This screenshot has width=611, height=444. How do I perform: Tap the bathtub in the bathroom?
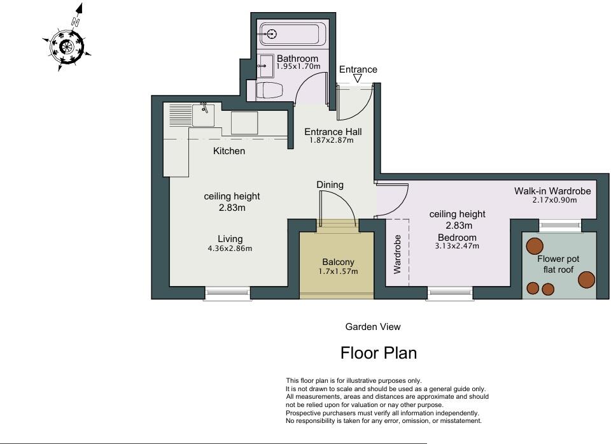click(x=293, y=34)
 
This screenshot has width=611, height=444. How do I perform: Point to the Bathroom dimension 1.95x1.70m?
click(x=298, y=66)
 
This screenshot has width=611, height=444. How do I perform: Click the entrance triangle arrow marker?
click(x=358, y=78)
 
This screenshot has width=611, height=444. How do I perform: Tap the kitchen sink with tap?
click(x=204, y=115)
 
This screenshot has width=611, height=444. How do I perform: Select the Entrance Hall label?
click(x=333, y=132)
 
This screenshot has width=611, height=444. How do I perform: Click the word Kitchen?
click(x=229, y=151)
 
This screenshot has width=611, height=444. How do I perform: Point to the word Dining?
click(x=330, y=185)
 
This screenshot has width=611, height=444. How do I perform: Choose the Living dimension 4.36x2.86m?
click(x=230, y=248)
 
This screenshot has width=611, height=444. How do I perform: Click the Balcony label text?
click(x=338, y=262)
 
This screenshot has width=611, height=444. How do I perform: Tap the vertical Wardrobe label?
click(x=397, y=254)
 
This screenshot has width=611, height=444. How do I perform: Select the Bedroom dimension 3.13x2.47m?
click(x=457, y=246)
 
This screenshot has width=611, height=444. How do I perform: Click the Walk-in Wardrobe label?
click(x=552, y=191)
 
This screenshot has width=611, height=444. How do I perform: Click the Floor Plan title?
click(x=379, y=353)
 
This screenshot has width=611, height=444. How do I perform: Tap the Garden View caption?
click(x=373, y=327)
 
